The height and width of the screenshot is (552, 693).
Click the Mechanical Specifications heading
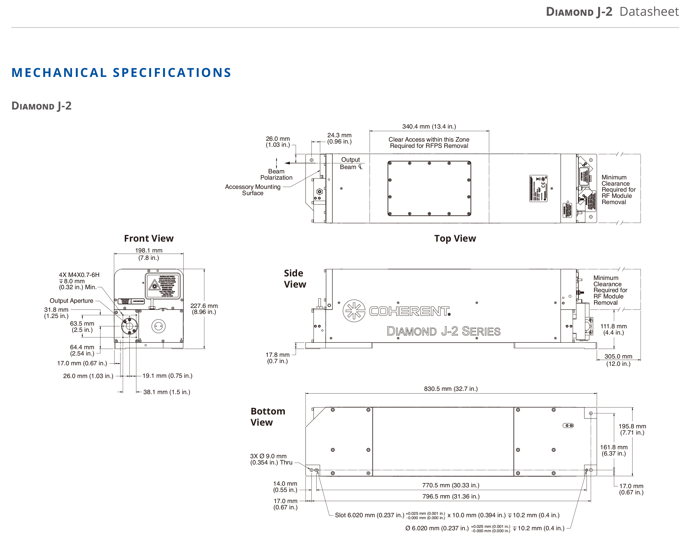coord(121,73)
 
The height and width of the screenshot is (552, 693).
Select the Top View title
coord(455,238)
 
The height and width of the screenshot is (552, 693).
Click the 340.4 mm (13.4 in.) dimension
coord(429,126)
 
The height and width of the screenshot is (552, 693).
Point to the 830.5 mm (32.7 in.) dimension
coord(451,389)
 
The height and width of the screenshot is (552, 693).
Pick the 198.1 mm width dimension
coord(148,254)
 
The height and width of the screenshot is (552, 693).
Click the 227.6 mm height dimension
coord(204,309)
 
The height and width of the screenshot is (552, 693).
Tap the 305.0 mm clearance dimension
coord(618,360)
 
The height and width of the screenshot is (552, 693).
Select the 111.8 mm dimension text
coord(613,329)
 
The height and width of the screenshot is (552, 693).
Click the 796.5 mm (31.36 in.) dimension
coord(451,496)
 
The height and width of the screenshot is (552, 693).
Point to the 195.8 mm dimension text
coord(632,429)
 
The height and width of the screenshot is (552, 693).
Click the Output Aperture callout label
coord(71,301)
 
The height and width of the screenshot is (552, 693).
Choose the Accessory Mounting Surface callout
coord(253,190)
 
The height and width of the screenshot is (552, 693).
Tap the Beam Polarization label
coord(276,174)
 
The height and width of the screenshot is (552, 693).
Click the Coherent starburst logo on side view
coord(354,311)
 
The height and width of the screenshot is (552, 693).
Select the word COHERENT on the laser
coord(409,311)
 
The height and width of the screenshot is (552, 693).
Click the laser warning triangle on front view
coord(155,285)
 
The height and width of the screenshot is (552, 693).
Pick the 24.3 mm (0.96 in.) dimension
coord(339,138)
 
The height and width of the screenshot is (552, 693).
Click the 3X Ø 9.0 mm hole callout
coord(271,459)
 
